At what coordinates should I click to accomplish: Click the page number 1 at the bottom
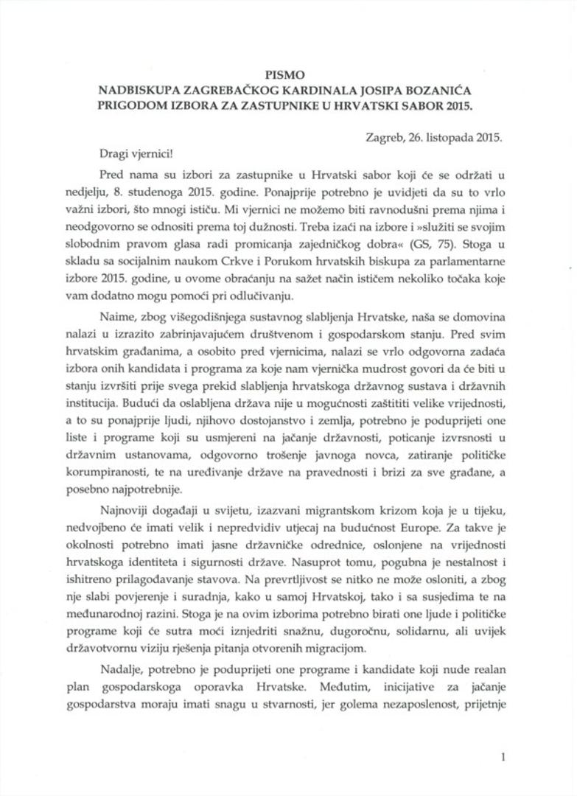tap(502, 757)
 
